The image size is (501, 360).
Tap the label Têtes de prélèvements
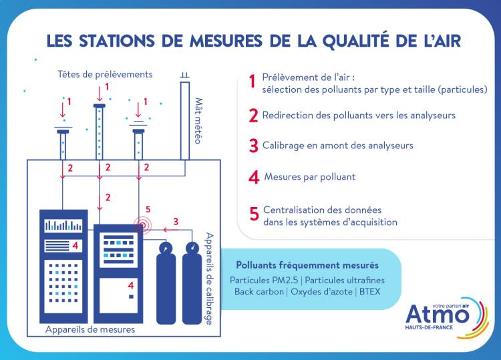[x=105, y=73]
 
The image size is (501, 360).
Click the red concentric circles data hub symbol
[x=142, y=226]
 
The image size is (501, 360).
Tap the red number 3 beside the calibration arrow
[x=175, y=221]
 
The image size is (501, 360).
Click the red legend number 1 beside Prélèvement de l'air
[x=252, y=81]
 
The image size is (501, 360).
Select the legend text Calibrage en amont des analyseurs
[x=338, y=145]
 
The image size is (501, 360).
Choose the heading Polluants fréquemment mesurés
[x=307, y=265]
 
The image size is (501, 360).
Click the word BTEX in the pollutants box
[x=369, y=292]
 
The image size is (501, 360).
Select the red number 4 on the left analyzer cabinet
[x=75, y=246]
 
